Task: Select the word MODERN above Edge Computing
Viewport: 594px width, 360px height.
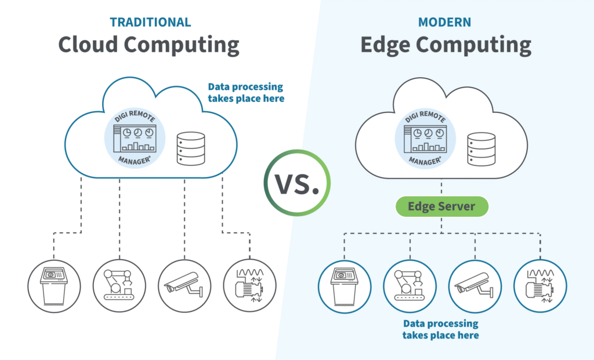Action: tap(445, 23)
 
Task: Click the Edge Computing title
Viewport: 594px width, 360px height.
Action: tap(445, 45)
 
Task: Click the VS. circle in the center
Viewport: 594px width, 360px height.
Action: tap(297, 183)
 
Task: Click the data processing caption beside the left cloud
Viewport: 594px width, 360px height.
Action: tap(246, 93)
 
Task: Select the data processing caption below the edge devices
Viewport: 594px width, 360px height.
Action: tap(441, 329)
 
